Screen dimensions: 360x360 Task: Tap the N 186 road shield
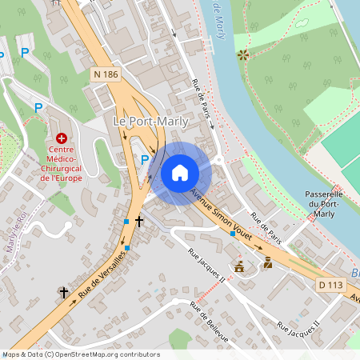pyautogui.click(x=105, y=74)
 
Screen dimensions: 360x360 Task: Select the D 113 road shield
pyautogui.click(x=330, y=284)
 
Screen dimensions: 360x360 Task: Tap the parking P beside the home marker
pyautogui.click(x=145, y=160)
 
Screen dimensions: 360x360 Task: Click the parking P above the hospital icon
pyautogui.click(x=38, y=107)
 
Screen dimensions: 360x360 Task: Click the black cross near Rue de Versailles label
pyautogui.click(x=64, y=293)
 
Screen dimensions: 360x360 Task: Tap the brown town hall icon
pyautogui.click(x=238, y=266)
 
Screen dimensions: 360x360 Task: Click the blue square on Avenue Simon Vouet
pyautogui.click(x=233, y=234)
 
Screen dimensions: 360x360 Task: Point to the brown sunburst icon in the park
pyautogui.click(x=242, y=55)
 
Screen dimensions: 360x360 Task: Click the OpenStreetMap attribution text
pyautogui.click(x=80, y=354)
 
